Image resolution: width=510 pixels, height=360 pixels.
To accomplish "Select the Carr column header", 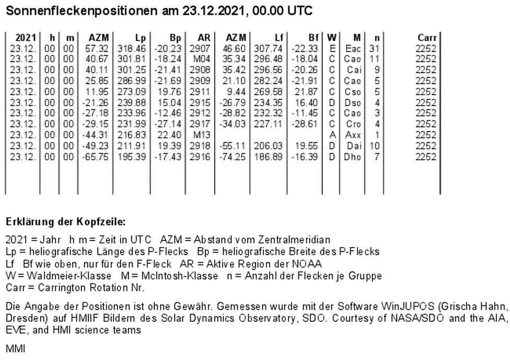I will pos(426,38).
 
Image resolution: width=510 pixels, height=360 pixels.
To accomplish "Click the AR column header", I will pos(204,38).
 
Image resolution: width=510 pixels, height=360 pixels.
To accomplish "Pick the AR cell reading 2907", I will pos(200,48).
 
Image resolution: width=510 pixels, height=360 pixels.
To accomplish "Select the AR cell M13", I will pos(202,135).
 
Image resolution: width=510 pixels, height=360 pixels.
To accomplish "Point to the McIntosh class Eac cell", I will pos(353,48).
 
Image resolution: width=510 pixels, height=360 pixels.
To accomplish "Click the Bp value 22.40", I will pos(170,135).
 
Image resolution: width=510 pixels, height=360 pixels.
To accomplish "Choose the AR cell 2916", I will pos(200,157).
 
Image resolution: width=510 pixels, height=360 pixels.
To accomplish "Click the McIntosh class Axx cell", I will pos(353,135).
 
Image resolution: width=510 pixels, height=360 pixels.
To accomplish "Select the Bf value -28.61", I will pos(306,124).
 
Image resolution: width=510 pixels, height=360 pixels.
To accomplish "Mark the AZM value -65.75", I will pos(97,157).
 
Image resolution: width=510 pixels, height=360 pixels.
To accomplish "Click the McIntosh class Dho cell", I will pos(353,157).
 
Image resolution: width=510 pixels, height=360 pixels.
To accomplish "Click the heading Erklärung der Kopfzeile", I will pos(65,222).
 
